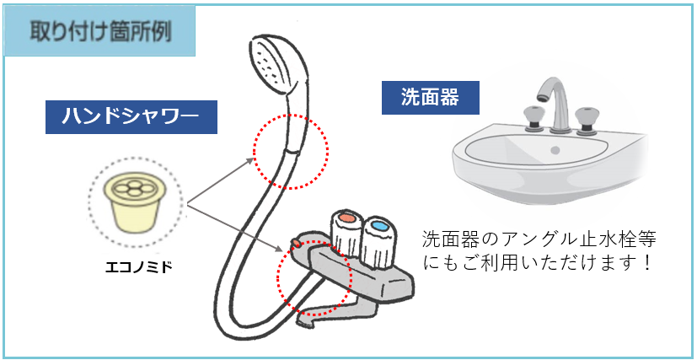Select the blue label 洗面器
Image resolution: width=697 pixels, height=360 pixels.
[431, 97]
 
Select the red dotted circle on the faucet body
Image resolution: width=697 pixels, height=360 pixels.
[313, 276]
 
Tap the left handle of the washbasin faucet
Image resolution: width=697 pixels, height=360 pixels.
[533, 118]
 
